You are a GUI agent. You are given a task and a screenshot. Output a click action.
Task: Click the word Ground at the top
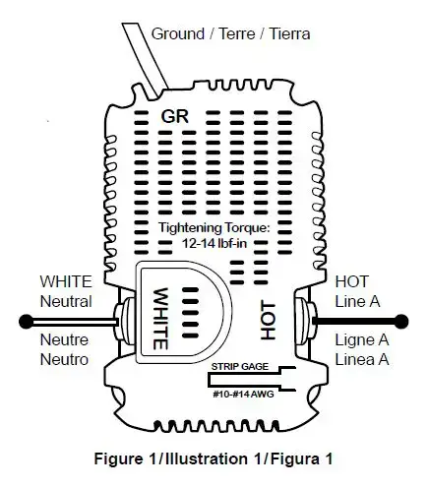(178, 33)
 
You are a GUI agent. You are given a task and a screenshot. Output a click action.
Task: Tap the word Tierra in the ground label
(289, 33)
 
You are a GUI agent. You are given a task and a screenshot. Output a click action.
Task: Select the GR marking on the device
(175, 116)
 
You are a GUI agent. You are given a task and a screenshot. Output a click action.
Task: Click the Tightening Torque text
(214, 227)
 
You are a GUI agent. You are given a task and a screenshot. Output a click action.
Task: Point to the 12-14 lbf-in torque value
(214, 243)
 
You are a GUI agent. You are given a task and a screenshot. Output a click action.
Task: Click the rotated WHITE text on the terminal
(160, 319)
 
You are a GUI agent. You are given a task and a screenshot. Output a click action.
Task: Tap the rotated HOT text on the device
(268, 321)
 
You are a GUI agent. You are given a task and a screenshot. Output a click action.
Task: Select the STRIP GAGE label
(240, 366)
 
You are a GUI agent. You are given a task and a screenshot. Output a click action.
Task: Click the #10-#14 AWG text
(243, 394)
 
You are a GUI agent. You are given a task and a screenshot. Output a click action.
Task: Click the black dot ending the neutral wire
(26, 322)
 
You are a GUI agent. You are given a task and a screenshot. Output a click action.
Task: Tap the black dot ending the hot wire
(401, 322)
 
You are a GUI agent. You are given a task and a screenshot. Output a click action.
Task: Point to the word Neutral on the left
(66, 301)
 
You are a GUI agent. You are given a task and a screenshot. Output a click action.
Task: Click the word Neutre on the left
(64, 339)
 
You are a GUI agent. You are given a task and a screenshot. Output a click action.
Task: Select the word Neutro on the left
(64, 359)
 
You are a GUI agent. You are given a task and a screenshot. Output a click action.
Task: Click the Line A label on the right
(357, 301)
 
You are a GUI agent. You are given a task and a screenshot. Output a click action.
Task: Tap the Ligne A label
(362, 340)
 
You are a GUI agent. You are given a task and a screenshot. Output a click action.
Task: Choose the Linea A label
(362, 359)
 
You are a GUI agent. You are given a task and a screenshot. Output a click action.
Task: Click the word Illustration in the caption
(206, 458)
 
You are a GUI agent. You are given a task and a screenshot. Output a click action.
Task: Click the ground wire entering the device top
(146, 60)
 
